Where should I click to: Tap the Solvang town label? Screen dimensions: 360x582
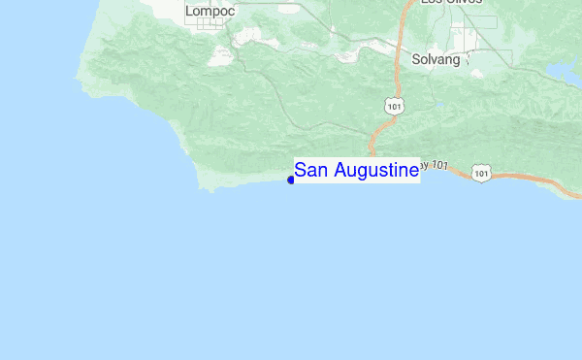pos(436,59)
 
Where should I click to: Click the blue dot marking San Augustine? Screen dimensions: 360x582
pos(291,180)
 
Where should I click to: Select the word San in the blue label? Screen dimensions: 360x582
pos(311,171)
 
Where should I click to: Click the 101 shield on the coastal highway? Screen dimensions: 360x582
pos(482,172)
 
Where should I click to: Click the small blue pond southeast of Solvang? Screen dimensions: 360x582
pos(441,103)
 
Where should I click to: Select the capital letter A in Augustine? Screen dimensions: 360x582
pos(339,171)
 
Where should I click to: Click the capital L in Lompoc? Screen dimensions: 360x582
pos(189,11)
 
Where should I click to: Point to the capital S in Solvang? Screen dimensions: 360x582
pos(416,59)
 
